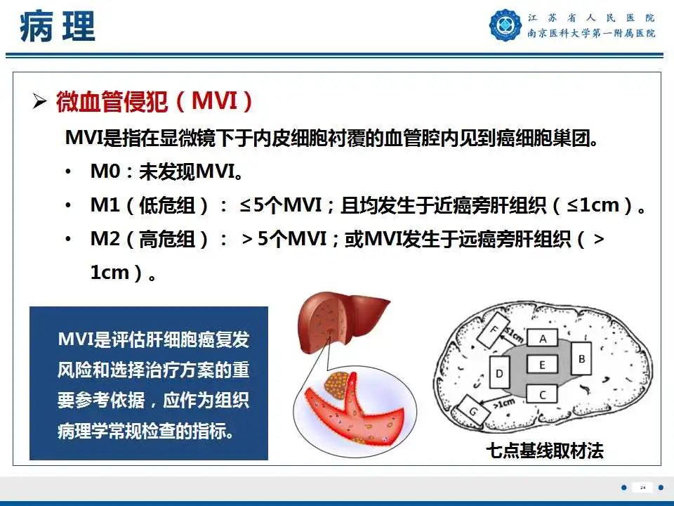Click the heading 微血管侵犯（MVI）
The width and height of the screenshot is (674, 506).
pyautogui.click(x=154, y=103)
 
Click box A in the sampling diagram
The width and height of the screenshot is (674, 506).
pyautogui.click(x=543, y=339)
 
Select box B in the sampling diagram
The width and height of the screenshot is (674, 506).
pyautogui.click(x=581, y=359)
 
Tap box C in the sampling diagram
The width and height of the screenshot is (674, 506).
pyautogui.click(x=543, y=395)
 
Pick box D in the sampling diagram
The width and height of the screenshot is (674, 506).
pyautogui.click(x=499, y=373)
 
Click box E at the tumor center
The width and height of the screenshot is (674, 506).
pyautogui.click(x=543, y=365)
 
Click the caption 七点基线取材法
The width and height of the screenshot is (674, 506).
pyautogui.click(x=545, y=450)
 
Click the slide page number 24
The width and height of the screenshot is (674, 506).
pyautogui.click(x=642, y=487)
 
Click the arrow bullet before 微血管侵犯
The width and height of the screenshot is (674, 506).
pyautogui.click(x=40, y=103)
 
